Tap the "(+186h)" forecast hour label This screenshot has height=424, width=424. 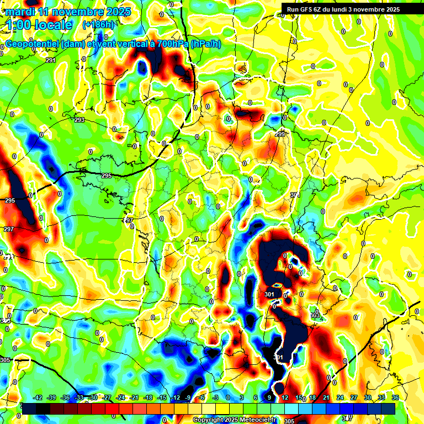98,25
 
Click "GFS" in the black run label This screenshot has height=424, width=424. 310,9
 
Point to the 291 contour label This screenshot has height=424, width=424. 51,60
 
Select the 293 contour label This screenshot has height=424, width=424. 79,120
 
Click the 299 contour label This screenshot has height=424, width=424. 280,134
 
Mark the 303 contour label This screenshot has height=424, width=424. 315,315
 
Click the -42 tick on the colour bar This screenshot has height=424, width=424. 38,397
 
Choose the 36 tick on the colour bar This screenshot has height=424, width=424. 395,397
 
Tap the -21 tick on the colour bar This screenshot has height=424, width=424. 134,397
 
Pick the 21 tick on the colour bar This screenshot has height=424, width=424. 326,397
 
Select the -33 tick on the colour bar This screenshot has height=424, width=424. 79,397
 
